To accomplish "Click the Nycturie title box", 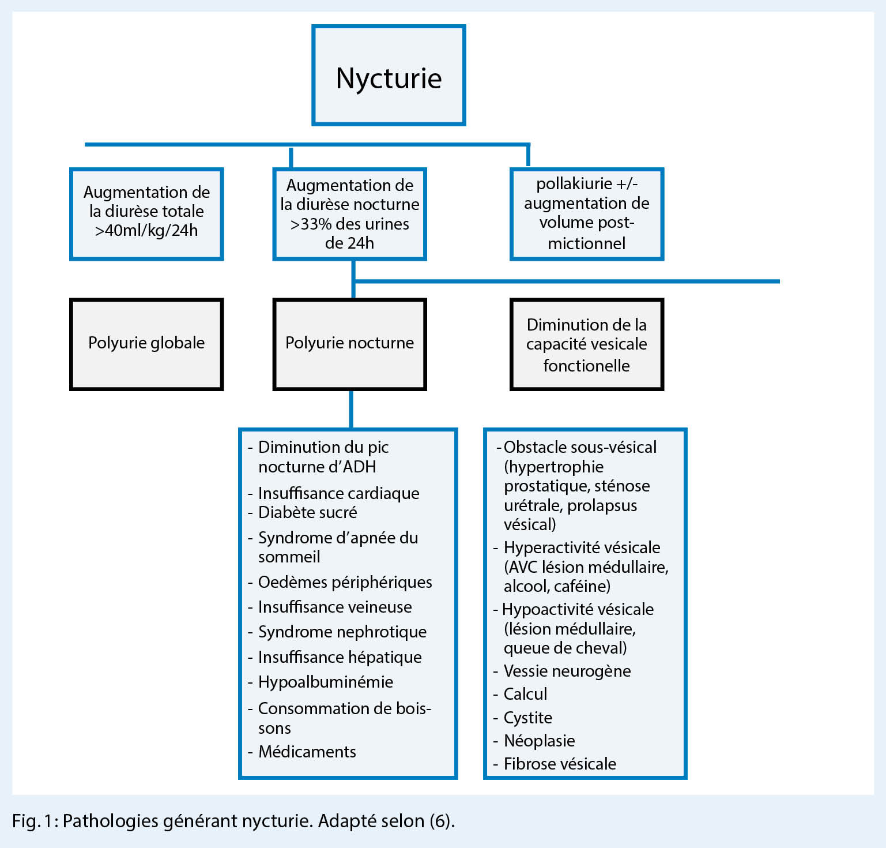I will [x=389, y=76].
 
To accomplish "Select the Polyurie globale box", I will [x=146, y=344].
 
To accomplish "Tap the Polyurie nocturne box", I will [x=349, y=344].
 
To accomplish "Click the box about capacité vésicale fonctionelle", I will [x=586, y=344].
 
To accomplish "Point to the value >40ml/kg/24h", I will [x=146, y=231].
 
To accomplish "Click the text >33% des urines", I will [x=349, y=224].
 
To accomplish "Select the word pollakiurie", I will [x=574, y=183].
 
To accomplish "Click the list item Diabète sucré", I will [x=307, y=512].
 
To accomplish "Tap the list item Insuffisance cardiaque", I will [x=338, y=493].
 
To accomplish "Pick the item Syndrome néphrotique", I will [x=342, y=632].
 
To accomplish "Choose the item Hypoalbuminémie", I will [x=325, y=682].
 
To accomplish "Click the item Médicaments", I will [x=307, y=752].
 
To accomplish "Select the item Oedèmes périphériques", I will [x=345, y=582].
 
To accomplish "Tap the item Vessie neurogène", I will [x=567, y=671].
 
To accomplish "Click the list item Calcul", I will [x=525, y=694].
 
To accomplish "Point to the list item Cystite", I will [x=527, y=718].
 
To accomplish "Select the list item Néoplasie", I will [x=539, y=741].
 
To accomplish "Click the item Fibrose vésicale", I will [x=560, y=764].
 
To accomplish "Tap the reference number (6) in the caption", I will [x=441, y=821].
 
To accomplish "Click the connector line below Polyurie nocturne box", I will [x=351, y=410].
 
